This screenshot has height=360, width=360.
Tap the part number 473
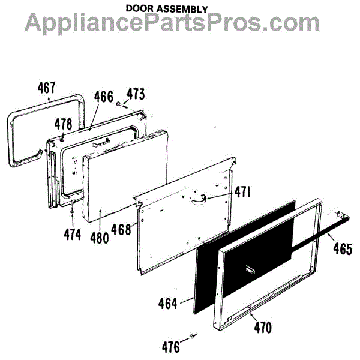[136, 95]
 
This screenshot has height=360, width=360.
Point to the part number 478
[64, 124]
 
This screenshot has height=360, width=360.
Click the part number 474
[72, 235]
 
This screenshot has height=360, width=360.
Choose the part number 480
[100, 237]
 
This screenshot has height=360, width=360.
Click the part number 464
[168, 304]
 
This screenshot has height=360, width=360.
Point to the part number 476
[172, 346]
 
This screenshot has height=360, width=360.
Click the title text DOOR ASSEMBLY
[167, 9]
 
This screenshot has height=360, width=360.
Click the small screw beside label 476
[192, 335]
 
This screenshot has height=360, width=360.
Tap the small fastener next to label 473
[119, 103]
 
